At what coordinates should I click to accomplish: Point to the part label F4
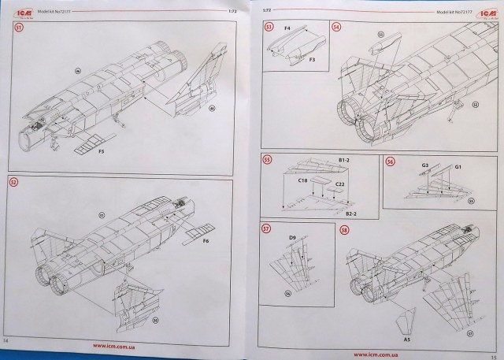(x=287, y=30)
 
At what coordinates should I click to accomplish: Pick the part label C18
(x=302, y=181)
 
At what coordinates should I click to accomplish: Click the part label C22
(x=340, y=184)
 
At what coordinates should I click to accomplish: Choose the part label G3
(x=425, y=164)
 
